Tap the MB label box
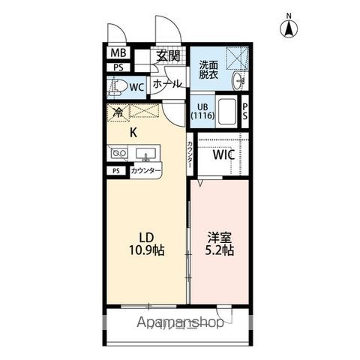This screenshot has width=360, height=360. pos(118,53)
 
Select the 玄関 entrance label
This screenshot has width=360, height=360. pos(168,55)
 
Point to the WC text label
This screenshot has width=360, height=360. pos(137,87)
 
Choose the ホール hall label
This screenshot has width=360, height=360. pos(166,84)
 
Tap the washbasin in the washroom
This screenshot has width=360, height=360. pos(238,80)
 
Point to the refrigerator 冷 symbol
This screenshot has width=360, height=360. pos(118,113)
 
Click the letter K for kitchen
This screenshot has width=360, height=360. pos(133,133)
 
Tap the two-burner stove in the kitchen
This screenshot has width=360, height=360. pos(118,154)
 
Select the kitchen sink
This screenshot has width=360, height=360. pos(148,154)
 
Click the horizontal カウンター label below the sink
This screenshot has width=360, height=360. pos(145,171)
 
